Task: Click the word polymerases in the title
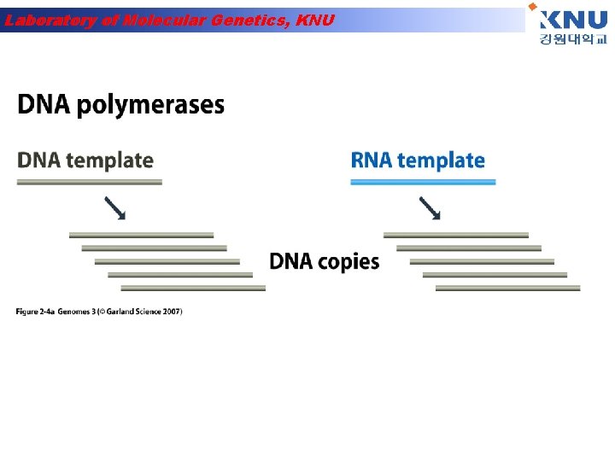pos(151,106)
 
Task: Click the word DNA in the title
pos(44,105)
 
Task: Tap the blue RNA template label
pos(418,160)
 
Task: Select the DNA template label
pos(85,160)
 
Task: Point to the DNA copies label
pos(325,261)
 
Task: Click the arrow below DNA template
pos(115,208)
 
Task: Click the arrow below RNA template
pos(430,208)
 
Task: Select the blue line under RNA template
pos(423,182)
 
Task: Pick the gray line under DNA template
pos(90,182)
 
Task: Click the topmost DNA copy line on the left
pos(141,234)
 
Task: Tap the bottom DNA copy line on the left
pos(192,288)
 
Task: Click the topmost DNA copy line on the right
pos(456,234)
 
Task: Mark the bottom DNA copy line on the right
pos(507,288)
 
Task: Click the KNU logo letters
pos(573,19)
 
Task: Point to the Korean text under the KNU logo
pos(572,40)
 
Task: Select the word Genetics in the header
pos(247,20)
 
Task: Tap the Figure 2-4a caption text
pos(98,311)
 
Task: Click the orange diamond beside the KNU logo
pos(533,6)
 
